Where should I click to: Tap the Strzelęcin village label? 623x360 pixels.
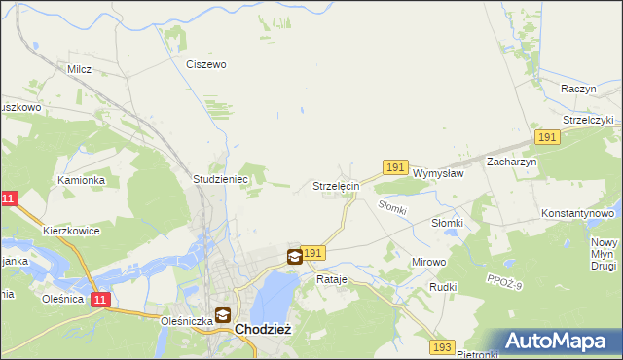pyautogui.click(x=337, y=185)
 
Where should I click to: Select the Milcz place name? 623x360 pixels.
pyautogui.click(x=79, y=69)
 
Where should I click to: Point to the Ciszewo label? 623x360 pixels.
pyautogui.click(x=205, y=64)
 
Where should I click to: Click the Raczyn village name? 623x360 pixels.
pyautogui.click(x=578, y=88)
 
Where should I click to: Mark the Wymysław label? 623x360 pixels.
pyautogui.click(x=437, y=172)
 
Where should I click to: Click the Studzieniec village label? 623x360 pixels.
pyautogui.click(x=222, y=179)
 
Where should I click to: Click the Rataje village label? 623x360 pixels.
pyautogui.click(x=332, y=279)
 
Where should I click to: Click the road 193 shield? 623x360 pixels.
pyautogui.click(x=444, y=347)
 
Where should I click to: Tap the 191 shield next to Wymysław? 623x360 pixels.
pyautogui.click(x=394, y=168)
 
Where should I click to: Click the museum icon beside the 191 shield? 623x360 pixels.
pyautogui.click(x=294, y=257)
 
